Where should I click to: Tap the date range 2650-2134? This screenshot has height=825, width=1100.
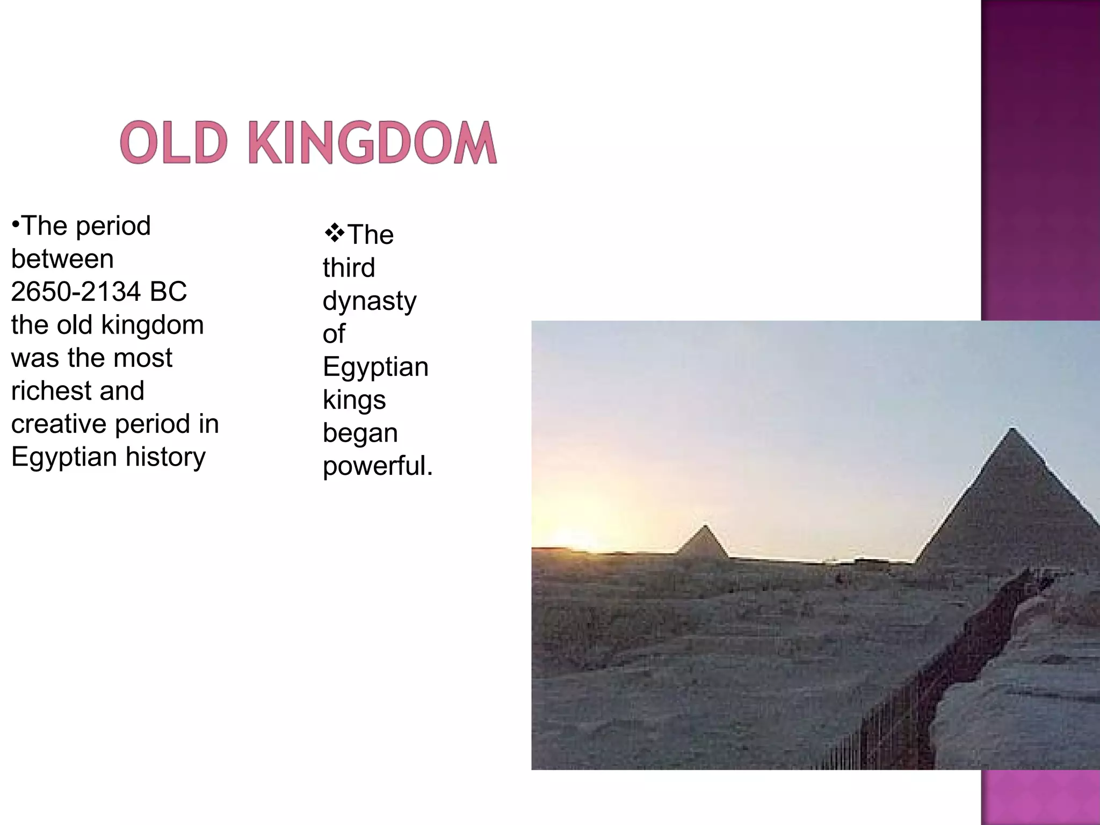pos(75,292)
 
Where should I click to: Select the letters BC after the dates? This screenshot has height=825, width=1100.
pos(168,292)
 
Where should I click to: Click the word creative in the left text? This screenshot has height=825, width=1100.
pos(59,424)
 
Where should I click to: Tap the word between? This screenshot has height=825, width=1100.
pos(62,259)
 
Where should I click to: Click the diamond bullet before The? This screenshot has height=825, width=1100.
pos(334,234)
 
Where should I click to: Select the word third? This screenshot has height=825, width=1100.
pos(349,267)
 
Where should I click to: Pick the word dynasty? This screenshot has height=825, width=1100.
pos(370,301)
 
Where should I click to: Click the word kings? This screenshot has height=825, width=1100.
pos(354,400)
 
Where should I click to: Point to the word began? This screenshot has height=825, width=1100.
pos(360,433)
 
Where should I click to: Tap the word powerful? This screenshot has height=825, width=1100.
pos(377,466)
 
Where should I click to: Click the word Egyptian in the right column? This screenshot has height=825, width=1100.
pos(375,367)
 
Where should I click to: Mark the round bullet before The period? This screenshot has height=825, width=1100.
pos(16,223)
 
